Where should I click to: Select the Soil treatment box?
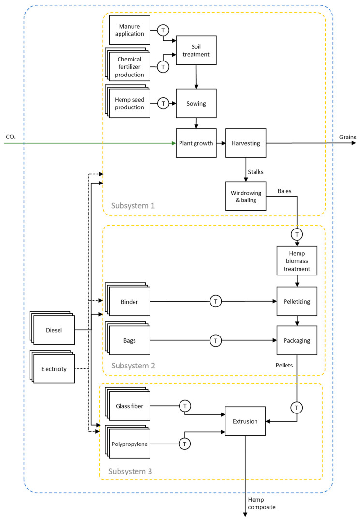tap(195, 50)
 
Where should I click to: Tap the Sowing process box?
tap(195, 103)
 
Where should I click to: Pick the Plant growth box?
tap(195, 143)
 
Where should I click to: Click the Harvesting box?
tap(246, 143)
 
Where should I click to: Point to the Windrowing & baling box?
tap(246, 196)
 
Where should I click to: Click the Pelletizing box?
tap(297, 301)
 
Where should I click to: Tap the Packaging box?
tap(297, 340)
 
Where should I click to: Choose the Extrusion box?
tap(245, 415)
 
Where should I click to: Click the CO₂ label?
tap(11, 137)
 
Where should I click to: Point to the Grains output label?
tap(347, 137)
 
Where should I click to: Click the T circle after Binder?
tap(216, 301)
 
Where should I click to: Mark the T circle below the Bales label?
tap(297, 234)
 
